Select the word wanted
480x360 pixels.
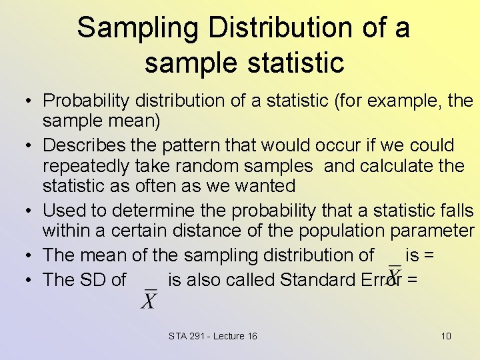click(x=262, y=186)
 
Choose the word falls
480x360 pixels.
click(x=457, y=211)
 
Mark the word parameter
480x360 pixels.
click(x=429, y=231)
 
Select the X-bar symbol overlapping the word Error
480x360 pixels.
click(x=395, y=273)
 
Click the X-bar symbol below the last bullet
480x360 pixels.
click(x=150, y=299)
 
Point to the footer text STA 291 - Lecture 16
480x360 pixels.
click(x=213, y=336)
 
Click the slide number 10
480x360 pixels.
click(x=446, y=336)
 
